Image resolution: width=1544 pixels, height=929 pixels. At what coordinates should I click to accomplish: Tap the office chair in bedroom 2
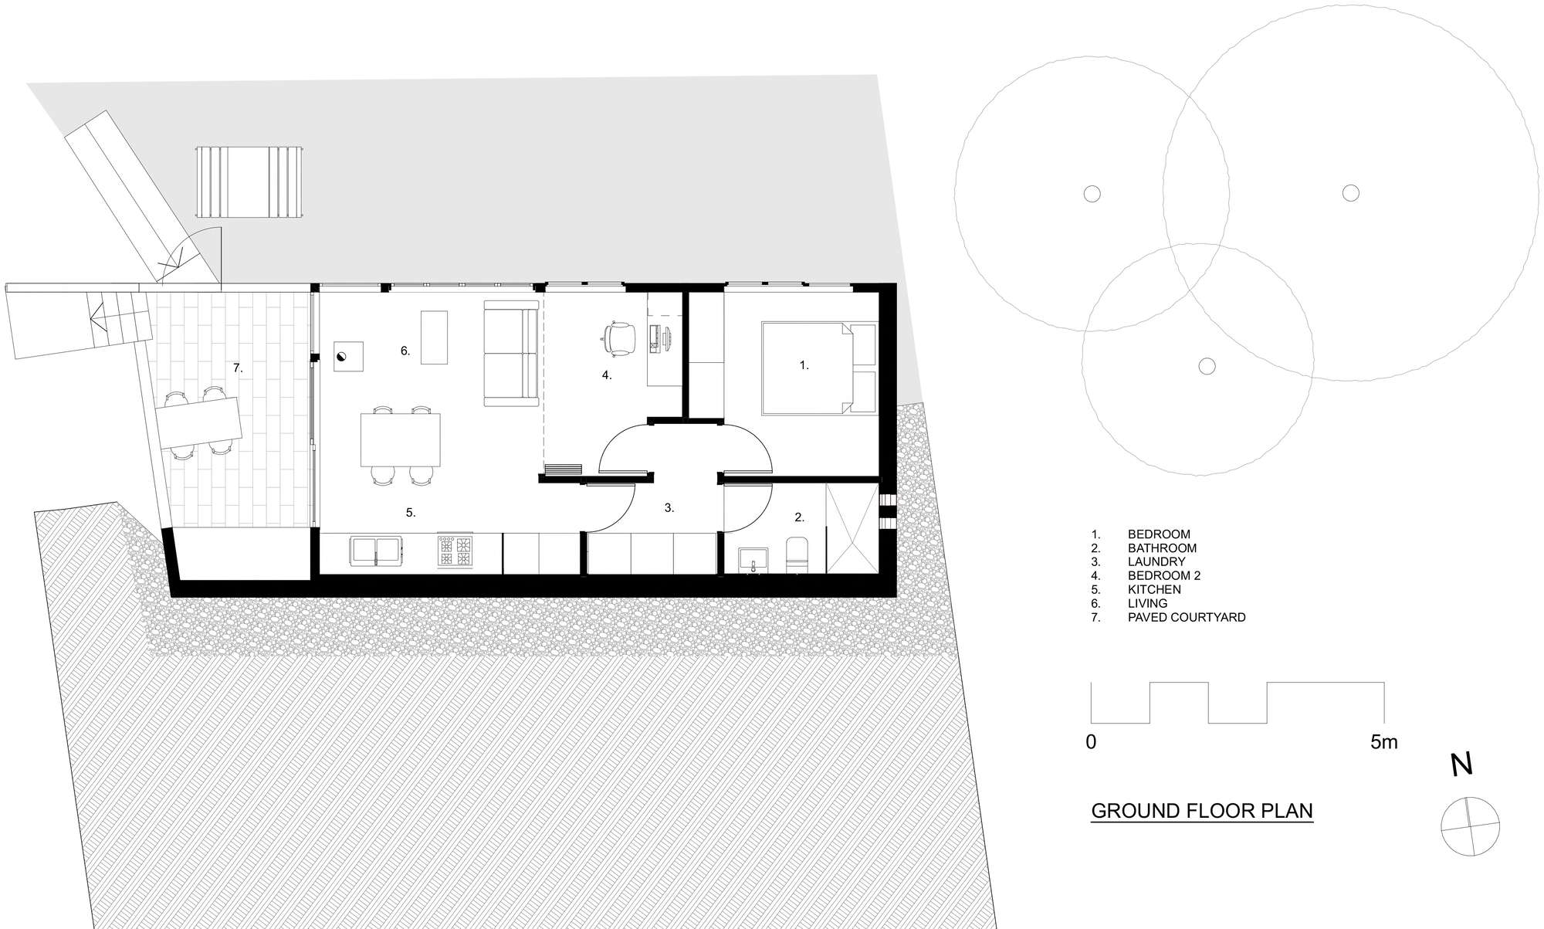click(x=618, y=338)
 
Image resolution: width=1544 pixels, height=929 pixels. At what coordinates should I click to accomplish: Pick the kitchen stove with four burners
click(x=455, y=551)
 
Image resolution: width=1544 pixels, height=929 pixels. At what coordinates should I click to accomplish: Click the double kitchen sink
click(x=376, y=550)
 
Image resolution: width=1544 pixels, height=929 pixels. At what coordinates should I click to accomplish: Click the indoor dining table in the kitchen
click(x=401, y=440)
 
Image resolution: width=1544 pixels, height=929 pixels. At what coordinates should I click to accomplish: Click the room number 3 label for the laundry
click(x=669, y=508)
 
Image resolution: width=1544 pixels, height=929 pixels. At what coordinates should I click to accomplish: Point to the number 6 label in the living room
click(x=405, y=351)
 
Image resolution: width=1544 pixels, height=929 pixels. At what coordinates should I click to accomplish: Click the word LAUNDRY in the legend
click(x=1156, y=561)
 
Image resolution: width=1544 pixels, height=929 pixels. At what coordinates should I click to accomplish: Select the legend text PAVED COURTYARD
click(x=1186, y=617)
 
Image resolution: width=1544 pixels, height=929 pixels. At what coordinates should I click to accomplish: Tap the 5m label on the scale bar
click(x=1383, y=742)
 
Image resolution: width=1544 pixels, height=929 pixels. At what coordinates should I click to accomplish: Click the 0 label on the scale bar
click(x=1091, y=742)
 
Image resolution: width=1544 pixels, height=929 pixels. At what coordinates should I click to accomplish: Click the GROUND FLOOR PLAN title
click(x=1201, y=811)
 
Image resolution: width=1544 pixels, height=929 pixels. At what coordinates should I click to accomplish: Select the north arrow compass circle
click(x=1470, y=826)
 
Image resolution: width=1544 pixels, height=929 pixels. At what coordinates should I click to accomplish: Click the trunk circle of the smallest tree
click(x=1207, y=366)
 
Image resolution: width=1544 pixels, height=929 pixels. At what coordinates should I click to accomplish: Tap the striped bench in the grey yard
click(x=249, y=182)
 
